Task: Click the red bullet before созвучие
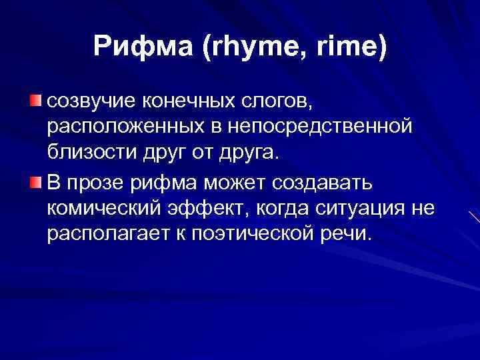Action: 35,101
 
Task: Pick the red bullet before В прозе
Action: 35,182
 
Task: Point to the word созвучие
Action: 89,101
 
